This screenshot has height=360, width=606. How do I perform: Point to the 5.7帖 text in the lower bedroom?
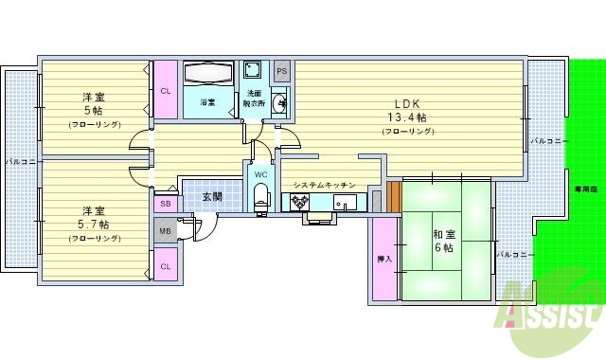click(x=92, y=224)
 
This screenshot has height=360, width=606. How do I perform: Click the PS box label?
click(x=282, y=72)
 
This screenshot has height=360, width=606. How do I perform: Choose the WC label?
click(x=260, y=173)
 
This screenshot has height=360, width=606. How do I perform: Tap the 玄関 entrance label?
click(x=212, y=196)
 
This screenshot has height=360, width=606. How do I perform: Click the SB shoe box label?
click(x=165, y=203)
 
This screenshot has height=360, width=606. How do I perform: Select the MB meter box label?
click(x=165, y=231)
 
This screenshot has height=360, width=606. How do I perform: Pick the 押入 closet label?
click(x=384, y=259)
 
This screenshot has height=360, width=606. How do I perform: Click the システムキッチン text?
click(x=324, y=185)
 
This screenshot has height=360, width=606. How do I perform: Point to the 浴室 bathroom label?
click(x=206, y=101)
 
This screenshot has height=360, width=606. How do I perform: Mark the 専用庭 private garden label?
click(x=592, y=189)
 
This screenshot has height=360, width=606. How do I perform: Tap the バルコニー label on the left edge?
click(x=21, y=162)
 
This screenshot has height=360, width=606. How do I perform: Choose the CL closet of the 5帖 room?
click(x=165, y=91)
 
